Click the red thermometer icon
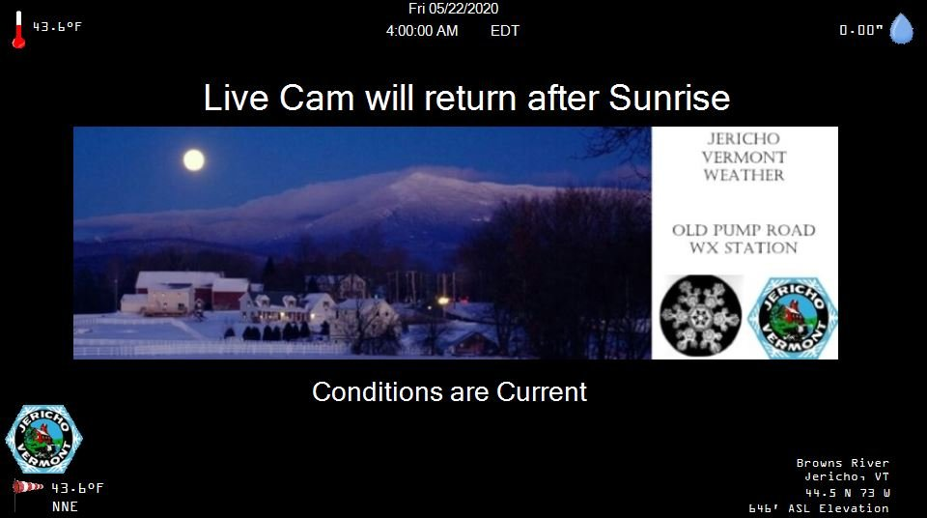(19, 30)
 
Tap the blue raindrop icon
(902, 29)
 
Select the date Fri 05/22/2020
(454, 9)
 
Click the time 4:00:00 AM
(422, 31)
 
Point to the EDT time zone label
(505, 31)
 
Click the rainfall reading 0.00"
(860, 30)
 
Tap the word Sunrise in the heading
(669, 98)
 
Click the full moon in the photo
(193, 159)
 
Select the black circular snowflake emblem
(701, 315)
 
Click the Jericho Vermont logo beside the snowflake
(792, 318)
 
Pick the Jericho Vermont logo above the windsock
(43, 440)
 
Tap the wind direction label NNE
(65, 506)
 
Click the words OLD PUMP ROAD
(744, 230)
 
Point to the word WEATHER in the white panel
(744, 175)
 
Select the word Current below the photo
(542, 392)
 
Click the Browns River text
(842, 463)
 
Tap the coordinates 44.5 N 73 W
(847, 493)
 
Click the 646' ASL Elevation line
(819, 508)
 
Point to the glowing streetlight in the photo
(443, 301)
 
